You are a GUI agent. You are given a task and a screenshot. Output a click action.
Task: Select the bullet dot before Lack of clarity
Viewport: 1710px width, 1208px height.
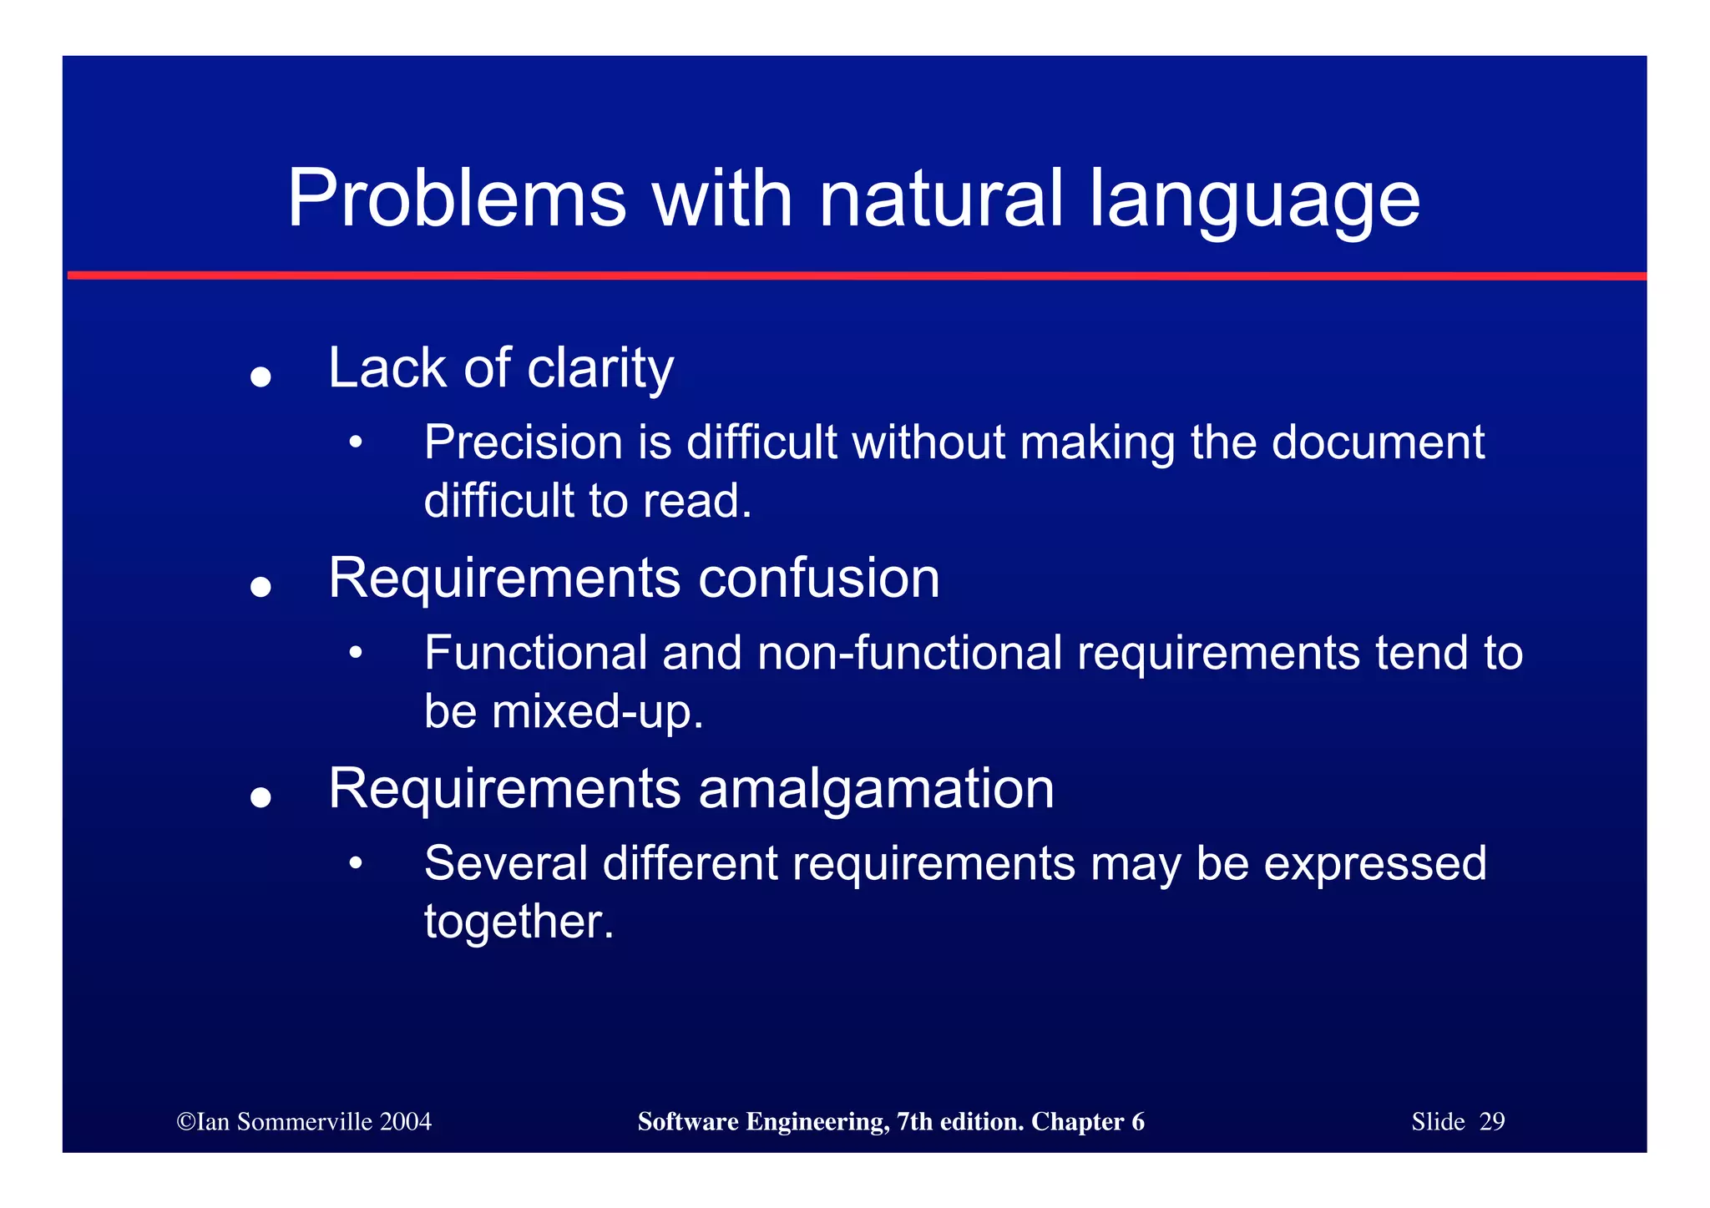(x=261, y=377)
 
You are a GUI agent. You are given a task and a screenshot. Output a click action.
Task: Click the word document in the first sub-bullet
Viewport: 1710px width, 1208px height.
(x=1378, y=442)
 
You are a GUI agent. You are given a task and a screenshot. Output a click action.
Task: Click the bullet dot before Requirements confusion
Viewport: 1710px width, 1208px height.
(x=261, y=587)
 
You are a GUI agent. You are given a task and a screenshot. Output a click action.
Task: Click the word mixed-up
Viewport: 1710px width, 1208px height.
(x=597, y=712)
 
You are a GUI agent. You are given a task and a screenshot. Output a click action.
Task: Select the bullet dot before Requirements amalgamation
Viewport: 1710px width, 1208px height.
(x=261, y=797)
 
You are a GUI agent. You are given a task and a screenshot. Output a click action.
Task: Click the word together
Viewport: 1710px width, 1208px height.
(x=519, y=922)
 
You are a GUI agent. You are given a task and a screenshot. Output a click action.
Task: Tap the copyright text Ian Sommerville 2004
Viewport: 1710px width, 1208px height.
(x=304, y=1121)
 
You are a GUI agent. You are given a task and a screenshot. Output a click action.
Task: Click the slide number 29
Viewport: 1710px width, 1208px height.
(x=1491, y=1121)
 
